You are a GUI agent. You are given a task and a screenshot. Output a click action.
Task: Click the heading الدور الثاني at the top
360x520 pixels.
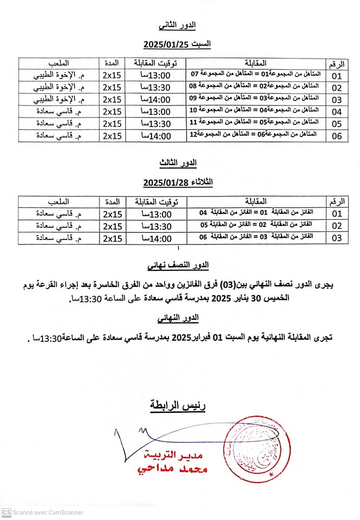pos(178,25)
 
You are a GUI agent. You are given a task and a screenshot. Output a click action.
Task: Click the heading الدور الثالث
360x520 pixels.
pos(178,163)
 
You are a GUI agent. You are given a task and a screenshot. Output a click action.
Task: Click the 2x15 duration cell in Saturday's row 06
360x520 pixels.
pos(112,135)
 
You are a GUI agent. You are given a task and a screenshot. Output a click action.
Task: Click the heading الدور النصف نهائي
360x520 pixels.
pos(178,265)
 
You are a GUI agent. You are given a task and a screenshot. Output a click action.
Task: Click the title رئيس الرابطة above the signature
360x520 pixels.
pos(178,405)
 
